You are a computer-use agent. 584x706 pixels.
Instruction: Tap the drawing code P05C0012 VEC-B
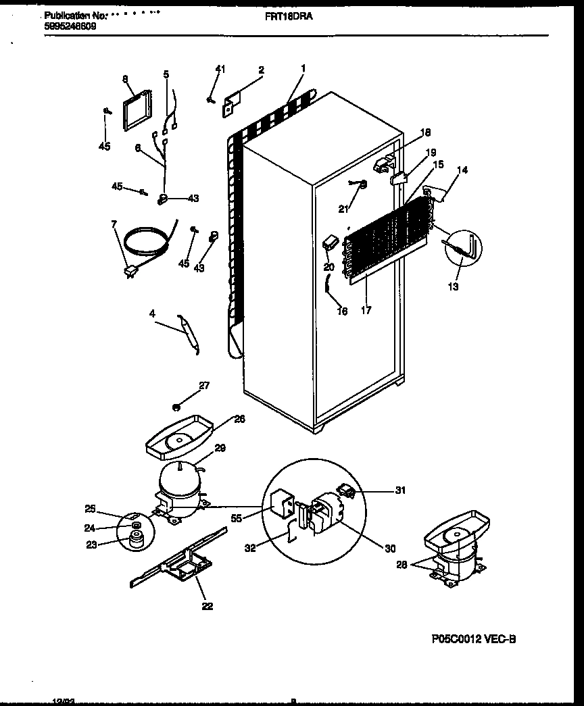[x=476, y=638]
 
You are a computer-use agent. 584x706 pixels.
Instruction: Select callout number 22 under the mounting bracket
[x=207, y=606]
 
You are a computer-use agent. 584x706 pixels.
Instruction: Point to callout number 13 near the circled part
[x=452, y=287]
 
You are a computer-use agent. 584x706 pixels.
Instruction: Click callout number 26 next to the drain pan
[x=239, y=419]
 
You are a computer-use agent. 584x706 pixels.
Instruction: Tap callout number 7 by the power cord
[x=114, y=224]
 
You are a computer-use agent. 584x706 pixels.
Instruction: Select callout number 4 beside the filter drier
[x=152, y=313]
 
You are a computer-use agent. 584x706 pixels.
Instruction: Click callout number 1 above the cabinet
[x=303, y=68]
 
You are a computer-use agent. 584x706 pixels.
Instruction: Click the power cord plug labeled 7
[x=130, y=272]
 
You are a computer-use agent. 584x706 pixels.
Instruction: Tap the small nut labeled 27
[x=176, y=406]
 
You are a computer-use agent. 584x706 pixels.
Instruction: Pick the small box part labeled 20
[x=331, y=242]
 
